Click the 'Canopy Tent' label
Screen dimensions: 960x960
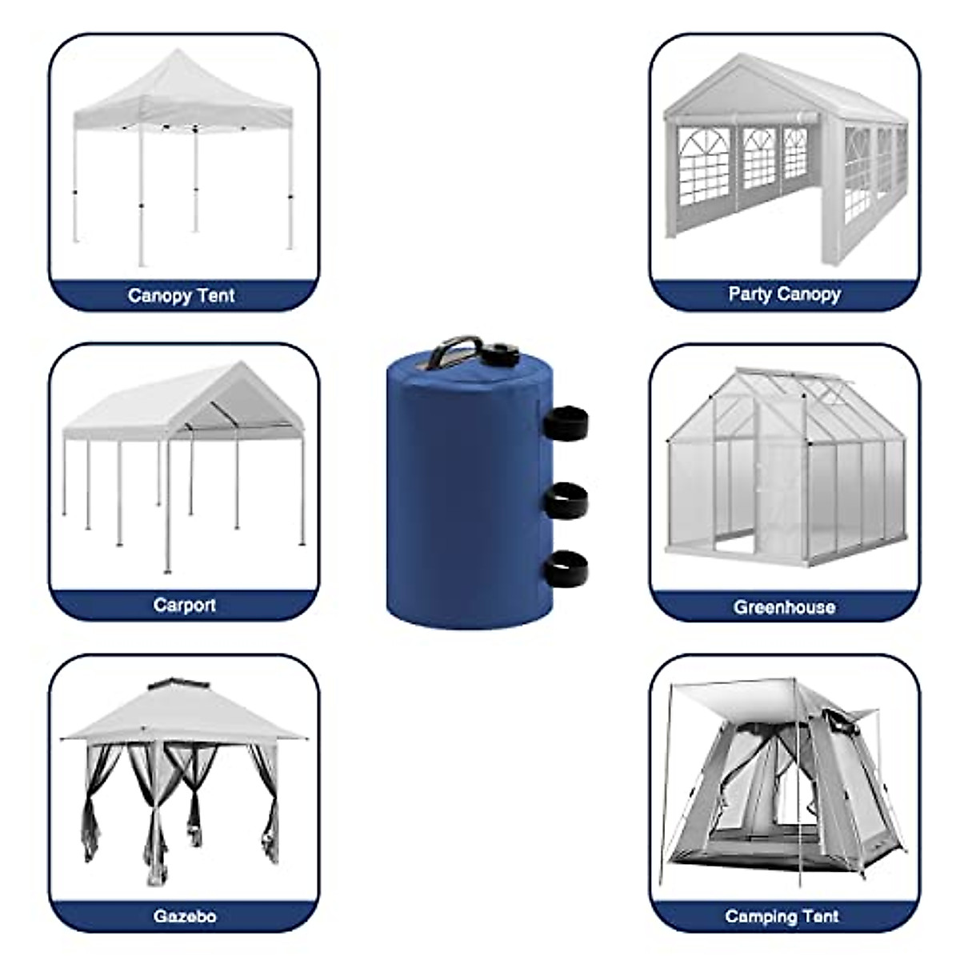click(181, 295)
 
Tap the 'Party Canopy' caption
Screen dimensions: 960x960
click(784, 294)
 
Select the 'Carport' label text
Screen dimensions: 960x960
click(184, 605)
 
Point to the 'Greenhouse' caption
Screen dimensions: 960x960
click(784, 607)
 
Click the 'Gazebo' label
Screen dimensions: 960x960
click(184, 916)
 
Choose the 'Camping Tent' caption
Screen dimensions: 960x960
click(782, 916)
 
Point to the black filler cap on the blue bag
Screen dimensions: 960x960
click(502, 353)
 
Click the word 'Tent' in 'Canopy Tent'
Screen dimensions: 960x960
click(216, 295)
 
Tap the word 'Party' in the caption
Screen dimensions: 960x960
click(749, 294)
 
